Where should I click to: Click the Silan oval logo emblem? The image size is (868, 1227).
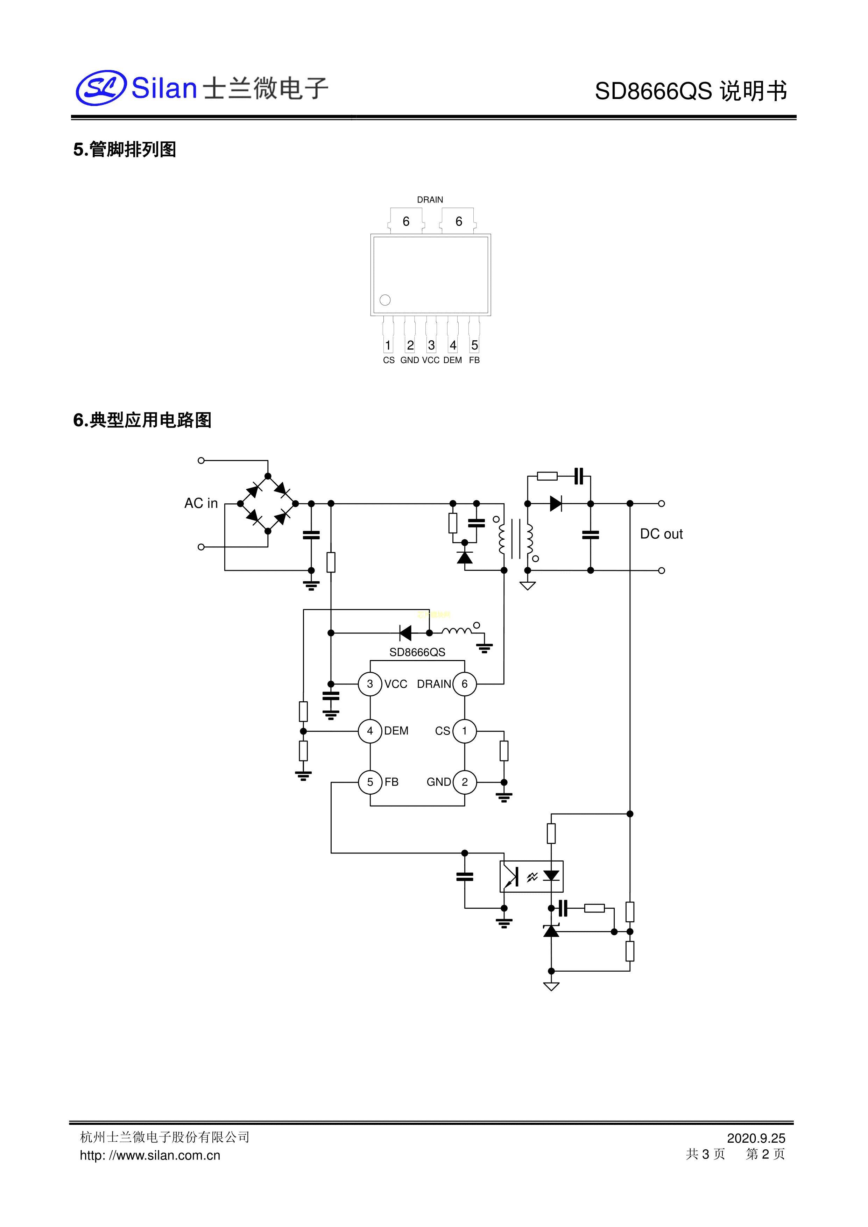pyautogui.click(x=101, y=88)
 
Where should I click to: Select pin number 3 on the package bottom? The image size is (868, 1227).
pyautogui.click(x=431, y=345)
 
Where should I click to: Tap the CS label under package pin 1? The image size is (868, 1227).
pyautogui.click(x=389, y=360)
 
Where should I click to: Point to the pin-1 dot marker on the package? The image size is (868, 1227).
pyautogui.click(x=385, y=300)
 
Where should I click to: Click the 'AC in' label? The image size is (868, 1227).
pyautogui.click(x=201, y=503)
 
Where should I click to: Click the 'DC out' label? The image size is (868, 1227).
pyautogui.click(x=661, y=534)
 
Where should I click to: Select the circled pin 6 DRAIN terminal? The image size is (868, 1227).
pyautogui.click(x=465, y=684)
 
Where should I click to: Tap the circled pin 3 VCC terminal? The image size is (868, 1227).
pyautogui.click(x=370, y=684)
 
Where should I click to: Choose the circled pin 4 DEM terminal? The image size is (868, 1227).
pyautogui.click(x=370, y=731)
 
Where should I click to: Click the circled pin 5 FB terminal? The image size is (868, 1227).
pyautogui.click(x=370, y=782)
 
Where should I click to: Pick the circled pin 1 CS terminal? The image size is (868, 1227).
pyautogui.click(x=465, y=731)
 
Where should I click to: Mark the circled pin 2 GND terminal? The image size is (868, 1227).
pyautogui.click(x=465, y=782)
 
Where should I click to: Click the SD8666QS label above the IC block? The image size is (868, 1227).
pyautogui.click(x=417, y=652)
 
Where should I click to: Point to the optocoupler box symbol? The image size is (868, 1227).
pyautogui.click(x=531, y=877)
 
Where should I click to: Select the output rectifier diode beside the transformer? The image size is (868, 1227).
pyautogui.click(x=556, y=503)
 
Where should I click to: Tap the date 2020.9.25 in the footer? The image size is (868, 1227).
pyautogui.click(x=756, y=1138)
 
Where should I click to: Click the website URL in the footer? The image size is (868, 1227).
pyautogui.click(x=150, y=1155)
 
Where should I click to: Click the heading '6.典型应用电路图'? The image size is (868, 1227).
pyautogui.click(x=142, y=420)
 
